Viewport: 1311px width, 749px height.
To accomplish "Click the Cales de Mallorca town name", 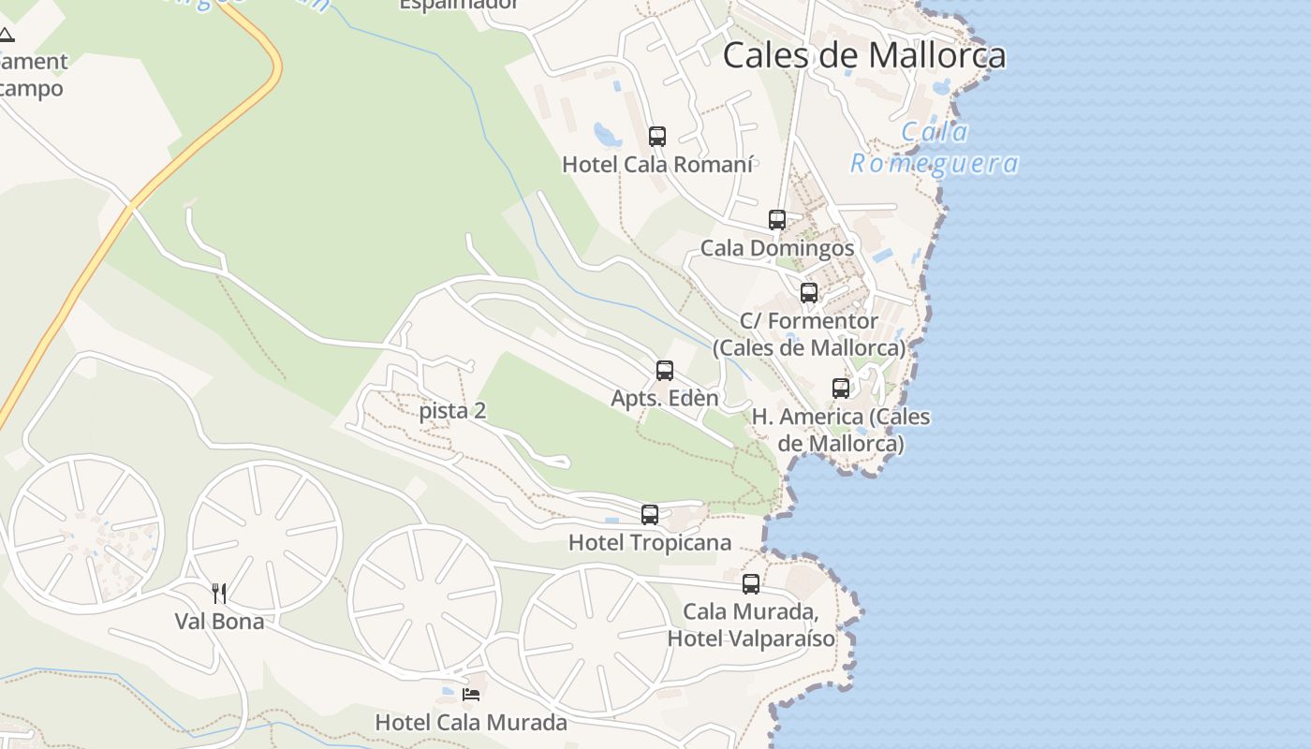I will (x=864, y=55).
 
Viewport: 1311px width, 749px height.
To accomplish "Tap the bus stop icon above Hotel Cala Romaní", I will (x=657, y=136).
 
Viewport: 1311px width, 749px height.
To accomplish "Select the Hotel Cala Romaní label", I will (x=657, y=165).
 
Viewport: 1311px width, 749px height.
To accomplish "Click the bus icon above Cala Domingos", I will (x=777, y=220).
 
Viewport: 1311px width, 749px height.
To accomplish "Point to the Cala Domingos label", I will (x=777, y=248).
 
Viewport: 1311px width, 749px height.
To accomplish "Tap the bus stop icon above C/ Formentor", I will (x=809, y=292).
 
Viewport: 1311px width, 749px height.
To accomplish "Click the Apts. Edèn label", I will (x=665, y=398).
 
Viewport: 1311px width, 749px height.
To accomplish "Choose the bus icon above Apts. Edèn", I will (x=665, y=371).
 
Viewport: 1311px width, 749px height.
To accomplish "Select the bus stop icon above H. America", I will (x=841, y=388).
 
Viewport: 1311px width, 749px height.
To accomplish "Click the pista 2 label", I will (x=452, y=410).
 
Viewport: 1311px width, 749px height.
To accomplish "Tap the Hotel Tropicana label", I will (x=650, y=543).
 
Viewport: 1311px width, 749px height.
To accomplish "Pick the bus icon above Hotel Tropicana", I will (x=650, y=514).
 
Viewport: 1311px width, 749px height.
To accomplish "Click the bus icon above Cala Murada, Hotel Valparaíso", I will (x=751, y=584).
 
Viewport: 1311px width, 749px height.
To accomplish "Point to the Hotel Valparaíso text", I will (x=751, y=639).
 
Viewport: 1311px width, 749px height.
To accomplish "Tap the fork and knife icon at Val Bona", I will (x=219, y=593).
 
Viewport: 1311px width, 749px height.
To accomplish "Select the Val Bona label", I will (x=219, y=621).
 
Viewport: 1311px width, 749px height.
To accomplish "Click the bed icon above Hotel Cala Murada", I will (x=471, y=694).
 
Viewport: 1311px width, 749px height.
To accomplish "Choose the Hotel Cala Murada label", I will (x=471, y=723).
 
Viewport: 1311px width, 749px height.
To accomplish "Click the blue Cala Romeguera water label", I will (x=934, y=148).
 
